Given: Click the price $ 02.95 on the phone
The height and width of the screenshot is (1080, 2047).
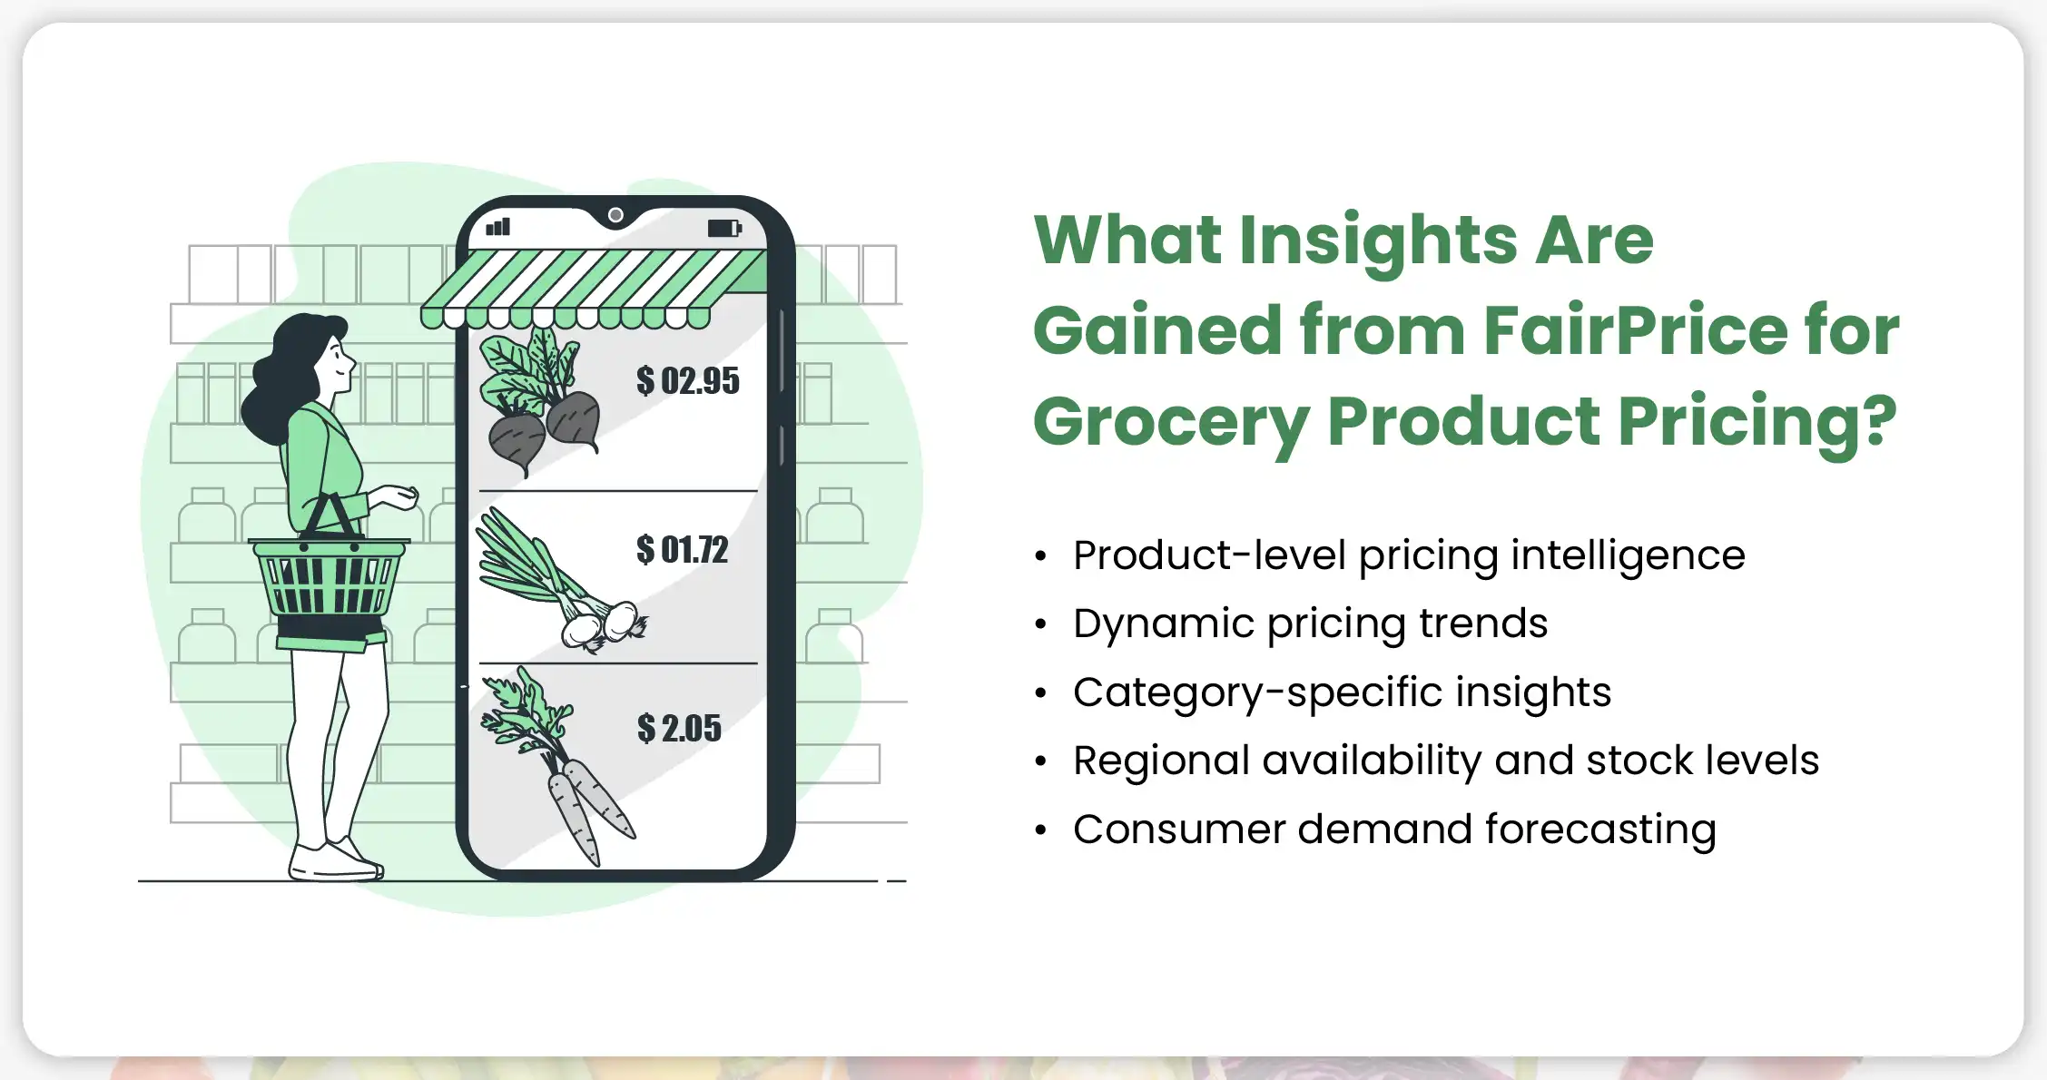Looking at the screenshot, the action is click(688, 381).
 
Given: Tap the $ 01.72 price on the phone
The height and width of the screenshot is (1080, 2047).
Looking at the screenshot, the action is click(683, 550).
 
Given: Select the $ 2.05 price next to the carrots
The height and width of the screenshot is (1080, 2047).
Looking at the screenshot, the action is click(679, 728).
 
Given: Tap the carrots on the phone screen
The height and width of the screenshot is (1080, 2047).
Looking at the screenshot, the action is click(556, 767).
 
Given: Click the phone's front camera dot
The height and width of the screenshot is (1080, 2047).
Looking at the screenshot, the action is click(615, 215).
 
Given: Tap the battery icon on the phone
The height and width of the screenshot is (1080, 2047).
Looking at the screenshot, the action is click(724, 228).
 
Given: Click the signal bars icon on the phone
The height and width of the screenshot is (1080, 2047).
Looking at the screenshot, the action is click(498, 226).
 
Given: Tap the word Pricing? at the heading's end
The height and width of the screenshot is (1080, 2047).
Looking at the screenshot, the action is click(1757, 421).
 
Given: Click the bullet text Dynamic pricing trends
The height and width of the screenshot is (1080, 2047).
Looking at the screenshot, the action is click(1310, 623).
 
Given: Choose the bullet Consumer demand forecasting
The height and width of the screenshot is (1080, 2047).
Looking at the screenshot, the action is click(1394, 830).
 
